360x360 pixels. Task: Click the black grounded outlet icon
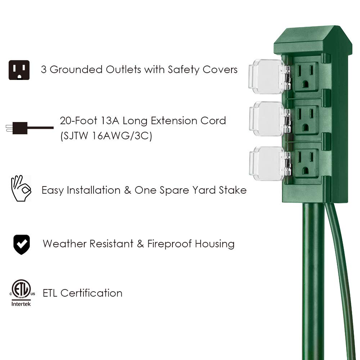coord(19,70)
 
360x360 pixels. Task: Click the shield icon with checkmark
coord(22,244)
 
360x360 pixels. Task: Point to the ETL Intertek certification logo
coord(21,293)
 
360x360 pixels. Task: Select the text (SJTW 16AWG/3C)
coord(106,136)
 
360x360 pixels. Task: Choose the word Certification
coord(91,293)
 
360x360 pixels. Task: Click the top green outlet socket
coord(305,77)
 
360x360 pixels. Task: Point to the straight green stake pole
coord(314,281)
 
